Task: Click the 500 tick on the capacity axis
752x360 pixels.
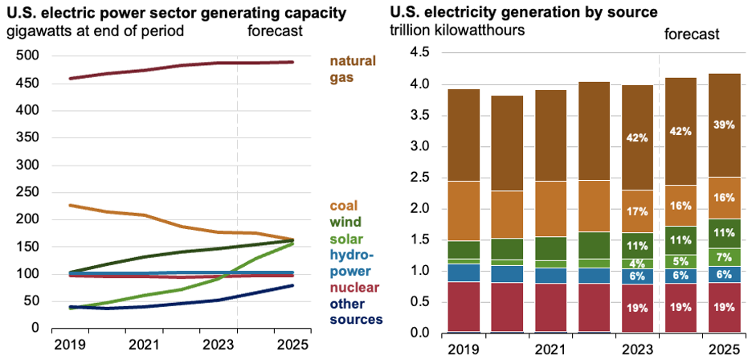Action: click(x=28, y=55)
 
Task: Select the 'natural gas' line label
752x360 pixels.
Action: click(x=354, y=69)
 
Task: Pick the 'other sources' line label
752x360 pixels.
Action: click(x=356, y=312)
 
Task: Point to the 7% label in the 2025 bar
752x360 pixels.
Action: click(x=724, y=257)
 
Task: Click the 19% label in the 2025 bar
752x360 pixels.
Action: click(x=724, y=308)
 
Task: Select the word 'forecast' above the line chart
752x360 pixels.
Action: click(x=275, y=31)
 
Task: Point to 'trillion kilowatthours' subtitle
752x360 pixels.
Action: click(x=457, y=31)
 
